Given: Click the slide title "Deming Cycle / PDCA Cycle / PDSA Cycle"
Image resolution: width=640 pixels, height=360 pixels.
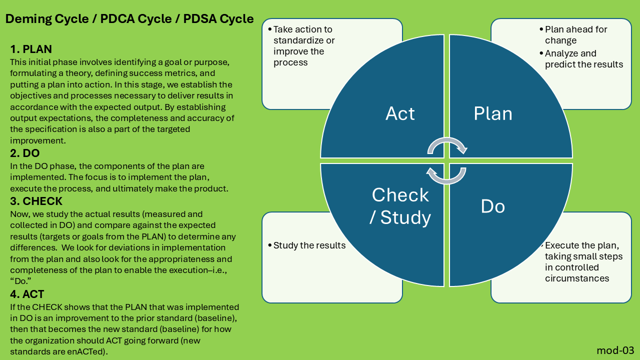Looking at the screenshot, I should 129,19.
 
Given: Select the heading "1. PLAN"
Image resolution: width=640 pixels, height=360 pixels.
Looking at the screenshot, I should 31,49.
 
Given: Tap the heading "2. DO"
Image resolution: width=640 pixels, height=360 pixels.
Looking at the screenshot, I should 25,153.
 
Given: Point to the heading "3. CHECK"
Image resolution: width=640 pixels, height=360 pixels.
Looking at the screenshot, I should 36,201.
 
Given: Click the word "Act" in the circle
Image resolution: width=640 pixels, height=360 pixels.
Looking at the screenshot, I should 400,114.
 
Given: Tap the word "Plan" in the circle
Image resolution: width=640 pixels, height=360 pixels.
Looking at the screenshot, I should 493,114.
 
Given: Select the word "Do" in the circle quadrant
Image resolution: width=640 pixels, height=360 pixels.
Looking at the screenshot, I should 493,206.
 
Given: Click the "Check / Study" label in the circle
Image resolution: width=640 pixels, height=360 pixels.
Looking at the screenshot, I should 400,206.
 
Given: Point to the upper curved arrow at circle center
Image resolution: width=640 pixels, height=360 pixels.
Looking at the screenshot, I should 447,145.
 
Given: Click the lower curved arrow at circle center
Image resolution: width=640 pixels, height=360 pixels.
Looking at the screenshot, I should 446,175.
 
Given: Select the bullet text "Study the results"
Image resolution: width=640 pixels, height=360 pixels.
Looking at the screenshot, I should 309,245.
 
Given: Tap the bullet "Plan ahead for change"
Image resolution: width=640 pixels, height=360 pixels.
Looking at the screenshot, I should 576,35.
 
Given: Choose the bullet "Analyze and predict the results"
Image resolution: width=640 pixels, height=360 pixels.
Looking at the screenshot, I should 584,59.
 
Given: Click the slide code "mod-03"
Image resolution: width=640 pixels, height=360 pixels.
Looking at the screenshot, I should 615,349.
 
